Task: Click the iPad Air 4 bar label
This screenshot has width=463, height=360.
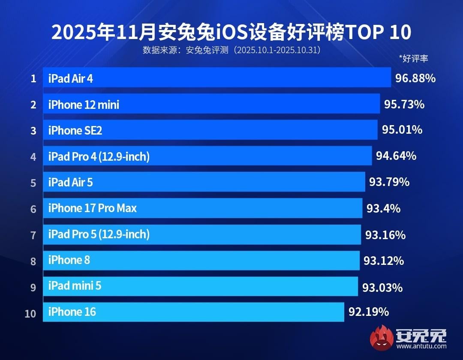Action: point(70,78)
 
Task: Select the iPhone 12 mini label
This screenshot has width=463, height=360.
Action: point(84,105)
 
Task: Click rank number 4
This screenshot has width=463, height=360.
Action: point(33,156)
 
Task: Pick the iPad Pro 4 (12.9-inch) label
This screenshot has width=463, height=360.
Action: point(99,157)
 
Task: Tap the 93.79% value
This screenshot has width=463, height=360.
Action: point(389,182)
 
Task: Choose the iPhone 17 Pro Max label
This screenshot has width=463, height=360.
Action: point(92,208)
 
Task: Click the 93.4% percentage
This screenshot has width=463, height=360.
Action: point(383,209)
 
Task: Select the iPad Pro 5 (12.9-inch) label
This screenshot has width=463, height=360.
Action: point(99,234)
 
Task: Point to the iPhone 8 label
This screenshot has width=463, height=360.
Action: point(69,260)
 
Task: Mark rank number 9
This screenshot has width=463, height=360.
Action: point(33,287)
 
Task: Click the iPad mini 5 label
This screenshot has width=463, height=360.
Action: point(75,286)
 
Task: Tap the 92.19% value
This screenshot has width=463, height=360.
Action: point(368,312)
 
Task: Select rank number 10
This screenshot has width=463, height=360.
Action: point(30,313)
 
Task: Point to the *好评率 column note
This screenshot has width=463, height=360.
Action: point(413,58)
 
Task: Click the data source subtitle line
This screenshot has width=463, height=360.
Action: point(232,50)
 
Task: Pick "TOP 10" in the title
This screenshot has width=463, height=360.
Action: point(379,33)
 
